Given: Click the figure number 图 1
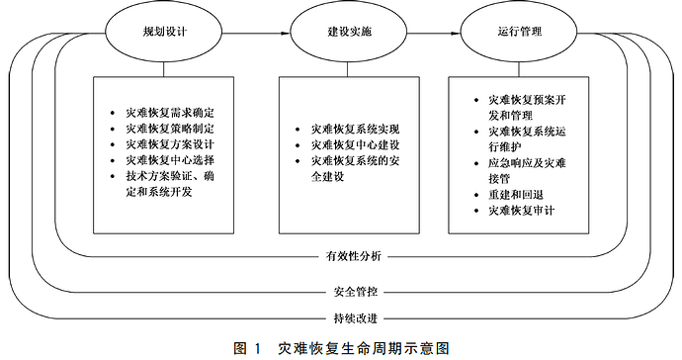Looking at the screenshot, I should click(246, 347).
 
